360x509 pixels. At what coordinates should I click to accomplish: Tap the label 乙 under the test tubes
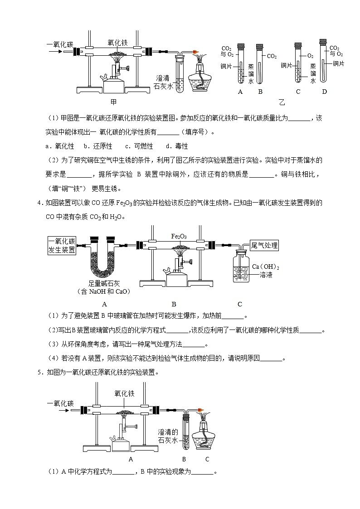pyautogui.click(x=282, y=102)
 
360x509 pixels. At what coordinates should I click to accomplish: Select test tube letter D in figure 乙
pyautogui.click(x=324, y=92)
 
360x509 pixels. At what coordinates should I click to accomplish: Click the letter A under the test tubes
pyautogui.click(x=240, y=92)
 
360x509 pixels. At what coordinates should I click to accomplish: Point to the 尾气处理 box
pyautogui.click(x=264, y=246)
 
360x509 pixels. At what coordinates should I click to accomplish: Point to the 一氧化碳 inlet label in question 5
pyautogui.click(x=60, y=403)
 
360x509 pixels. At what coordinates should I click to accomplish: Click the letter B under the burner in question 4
pyautogui.click(x=174, y=304)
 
